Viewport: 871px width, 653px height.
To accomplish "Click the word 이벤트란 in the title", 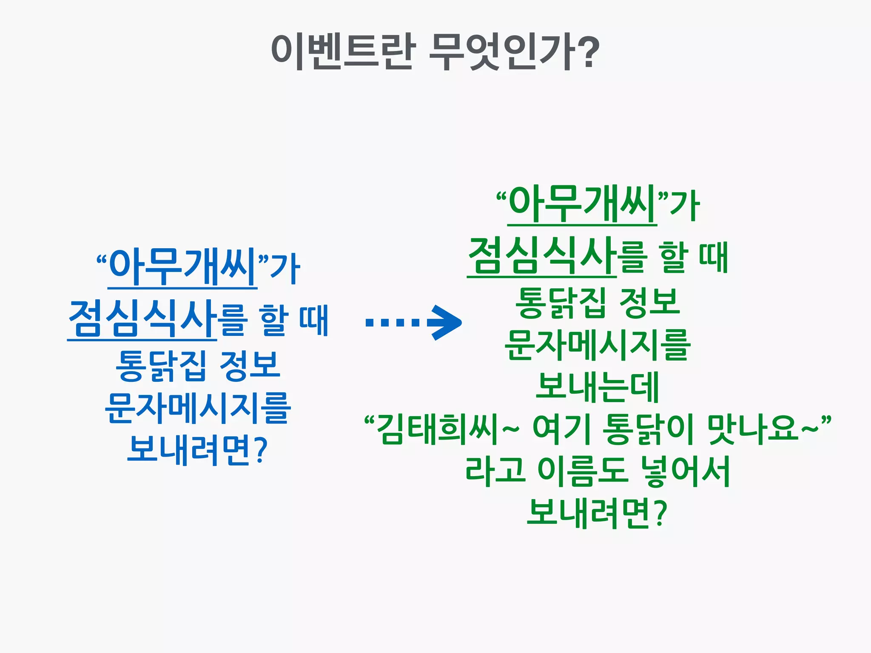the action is [342, 52].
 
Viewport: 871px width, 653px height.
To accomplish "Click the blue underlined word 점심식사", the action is [142, 319].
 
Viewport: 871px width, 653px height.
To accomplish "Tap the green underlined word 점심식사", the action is [541, 256].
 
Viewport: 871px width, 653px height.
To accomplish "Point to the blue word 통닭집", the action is [161, 365].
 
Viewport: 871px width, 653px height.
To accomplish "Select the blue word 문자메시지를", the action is [198, 408].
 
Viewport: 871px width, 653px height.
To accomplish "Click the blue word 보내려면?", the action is [198, 450].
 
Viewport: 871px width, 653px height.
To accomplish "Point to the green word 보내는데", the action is [597, 387].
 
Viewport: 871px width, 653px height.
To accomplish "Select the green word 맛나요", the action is [753, 429].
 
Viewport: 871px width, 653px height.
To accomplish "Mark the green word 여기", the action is [561, 429].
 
